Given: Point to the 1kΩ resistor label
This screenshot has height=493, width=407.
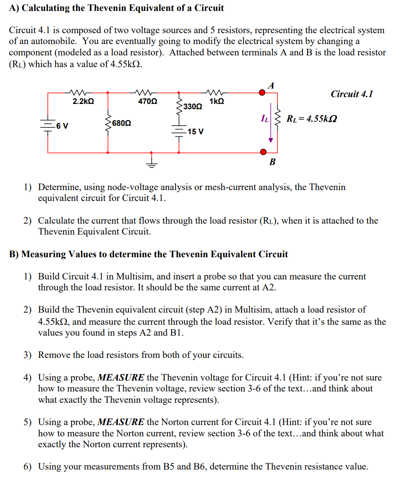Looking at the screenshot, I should (217, 102).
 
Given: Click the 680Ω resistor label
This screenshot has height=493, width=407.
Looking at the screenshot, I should (121, 123).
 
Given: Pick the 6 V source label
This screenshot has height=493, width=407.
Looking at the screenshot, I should (62, 126).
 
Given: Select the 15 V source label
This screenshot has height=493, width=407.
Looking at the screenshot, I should (195, 132).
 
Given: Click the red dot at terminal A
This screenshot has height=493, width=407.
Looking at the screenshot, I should (263, 93).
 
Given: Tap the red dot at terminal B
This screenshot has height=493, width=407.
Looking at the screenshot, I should (263, 152).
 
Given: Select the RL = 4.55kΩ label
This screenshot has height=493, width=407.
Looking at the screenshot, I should (312, 119).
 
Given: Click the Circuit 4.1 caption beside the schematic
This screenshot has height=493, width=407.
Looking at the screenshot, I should (352, 94).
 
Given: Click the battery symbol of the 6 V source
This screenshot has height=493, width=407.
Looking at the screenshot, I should (48, 125).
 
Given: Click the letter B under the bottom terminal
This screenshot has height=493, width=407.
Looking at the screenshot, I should (272, 162).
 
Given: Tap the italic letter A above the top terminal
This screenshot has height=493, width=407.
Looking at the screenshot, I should (271, 85).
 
